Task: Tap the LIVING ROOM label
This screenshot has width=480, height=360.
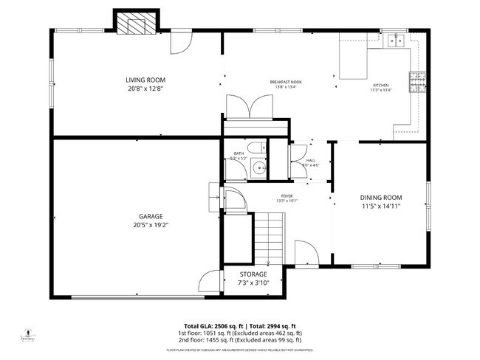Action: click(x=145, y=80)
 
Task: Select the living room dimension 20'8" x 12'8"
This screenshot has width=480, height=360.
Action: click(x=145, y=89)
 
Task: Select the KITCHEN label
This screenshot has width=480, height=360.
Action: click(x=380, y=86)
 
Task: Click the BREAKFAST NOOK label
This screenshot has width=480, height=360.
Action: click(x=285, y=82)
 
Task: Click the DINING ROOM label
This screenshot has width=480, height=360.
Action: click(x=380, y=197)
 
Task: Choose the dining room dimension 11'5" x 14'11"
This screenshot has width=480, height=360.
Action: click(x=380, y=207)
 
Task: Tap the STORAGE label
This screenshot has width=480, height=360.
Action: click(x=253, y=274)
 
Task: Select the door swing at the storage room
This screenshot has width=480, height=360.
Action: click(x=210, y=280)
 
